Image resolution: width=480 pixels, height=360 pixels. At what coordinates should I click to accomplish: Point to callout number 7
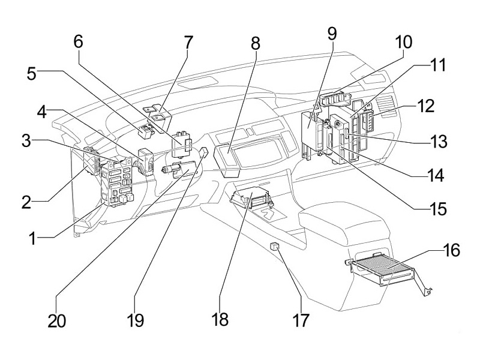coord(188,43)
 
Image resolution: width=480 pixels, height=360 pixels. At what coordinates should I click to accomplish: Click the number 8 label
coord(256,43)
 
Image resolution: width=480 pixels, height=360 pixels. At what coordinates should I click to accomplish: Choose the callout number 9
coord(334,35)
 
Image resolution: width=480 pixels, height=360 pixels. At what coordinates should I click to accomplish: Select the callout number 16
coord(451,250)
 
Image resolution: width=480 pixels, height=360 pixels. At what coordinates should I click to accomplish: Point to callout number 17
coord(301,319)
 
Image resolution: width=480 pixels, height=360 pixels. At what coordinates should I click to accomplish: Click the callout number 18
coord(220,319)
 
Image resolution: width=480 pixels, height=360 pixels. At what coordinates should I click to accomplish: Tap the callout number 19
coord(136,319)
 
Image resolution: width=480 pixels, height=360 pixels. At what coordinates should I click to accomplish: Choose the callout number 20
coord(57,319)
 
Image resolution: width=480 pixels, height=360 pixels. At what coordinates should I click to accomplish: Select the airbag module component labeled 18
coord(252,201)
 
